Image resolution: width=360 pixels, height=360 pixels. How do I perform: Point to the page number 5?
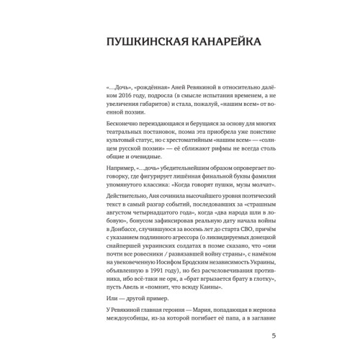[272, 336]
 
